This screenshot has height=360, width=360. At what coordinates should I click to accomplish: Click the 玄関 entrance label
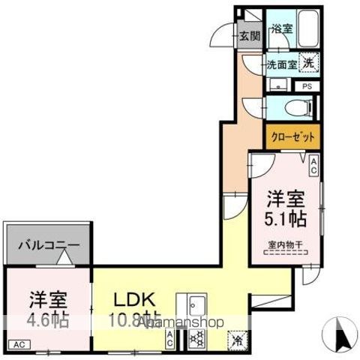pyautogui.click(x=250, y=34)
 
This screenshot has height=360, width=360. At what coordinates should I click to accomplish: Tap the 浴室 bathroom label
pyautogui.click(x=281, y=29)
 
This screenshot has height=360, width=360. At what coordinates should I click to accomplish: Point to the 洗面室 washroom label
pyautogui.click(x=282, y=64)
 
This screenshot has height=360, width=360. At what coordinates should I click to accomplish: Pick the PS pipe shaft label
pyautogui.click(x=307, y=86)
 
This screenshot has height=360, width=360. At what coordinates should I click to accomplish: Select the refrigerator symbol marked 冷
pyautogui.click(x=237, y=339)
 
